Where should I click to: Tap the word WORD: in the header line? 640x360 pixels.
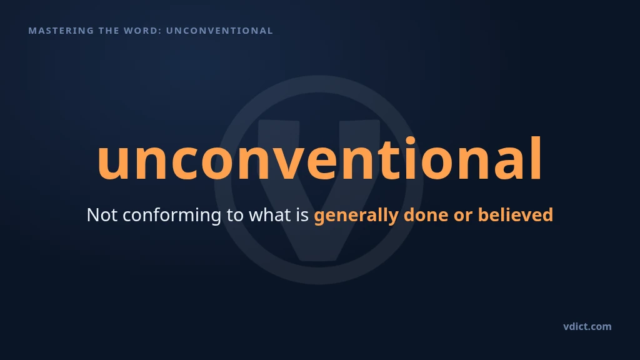point(141,31)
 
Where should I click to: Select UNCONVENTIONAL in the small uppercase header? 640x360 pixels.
point(219,31)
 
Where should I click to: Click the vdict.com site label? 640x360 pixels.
point(587,326)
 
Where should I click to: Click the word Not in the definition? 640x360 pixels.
point(102,215)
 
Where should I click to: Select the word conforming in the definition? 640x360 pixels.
point(172,216)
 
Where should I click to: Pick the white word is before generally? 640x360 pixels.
point(302,215)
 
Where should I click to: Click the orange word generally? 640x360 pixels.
point(356,216)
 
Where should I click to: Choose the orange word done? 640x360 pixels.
point(426,215)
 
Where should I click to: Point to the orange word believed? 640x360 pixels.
point(516,215)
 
